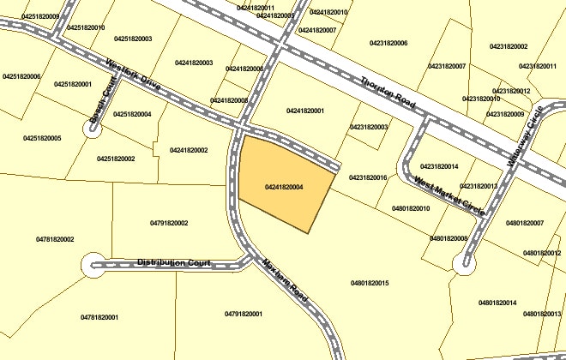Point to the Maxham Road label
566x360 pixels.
(x=286, y=279)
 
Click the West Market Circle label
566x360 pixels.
(x=449, y=195)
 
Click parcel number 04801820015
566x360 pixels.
(x=370, y=283)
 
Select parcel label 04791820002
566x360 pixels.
(x=169, y=223)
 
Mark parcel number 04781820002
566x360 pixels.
(x=55, y=239)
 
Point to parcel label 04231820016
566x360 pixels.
(x=368, y=177)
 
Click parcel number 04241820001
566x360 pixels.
(x=305, y=111)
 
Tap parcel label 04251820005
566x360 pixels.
(x=42, y=138)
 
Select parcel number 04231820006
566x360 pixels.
(x=388, y=43)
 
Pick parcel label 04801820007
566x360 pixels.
(x=525, y=223)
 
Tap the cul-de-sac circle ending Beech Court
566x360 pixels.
(x=92, y=129)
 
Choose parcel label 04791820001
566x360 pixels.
(x=244, y=315)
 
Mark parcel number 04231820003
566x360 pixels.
(x=369, y=127)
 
